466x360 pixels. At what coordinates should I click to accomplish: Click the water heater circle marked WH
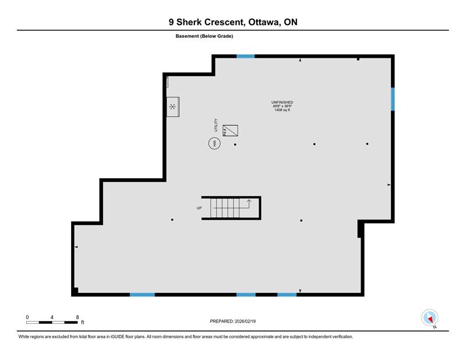point(214,143)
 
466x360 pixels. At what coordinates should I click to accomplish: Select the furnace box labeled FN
point(230,130)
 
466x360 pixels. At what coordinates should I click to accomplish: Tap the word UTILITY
point(216,125)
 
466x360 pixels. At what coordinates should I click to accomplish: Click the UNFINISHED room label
point(282,103)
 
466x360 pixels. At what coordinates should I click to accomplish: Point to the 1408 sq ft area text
point(282,110)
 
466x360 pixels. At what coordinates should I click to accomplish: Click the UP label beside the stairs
point(199,208)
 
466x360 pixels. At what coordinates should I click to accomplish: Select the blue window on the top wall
point(245,56)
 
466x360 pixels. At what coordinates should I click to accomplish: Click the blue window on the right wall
point(393,99)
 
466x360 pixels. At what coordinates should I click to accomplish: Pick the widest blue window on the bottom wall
point(142,295)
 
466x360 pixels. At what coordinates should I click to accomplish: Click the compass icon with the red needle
point(430,317)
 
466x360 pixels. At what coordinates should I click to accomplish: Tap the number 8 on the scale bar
point(77,317)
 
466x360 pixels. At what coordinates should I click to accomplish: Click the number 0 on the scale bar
point(27,317)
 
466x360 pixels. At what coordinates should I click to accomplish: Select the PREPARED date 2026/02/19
point(245,322)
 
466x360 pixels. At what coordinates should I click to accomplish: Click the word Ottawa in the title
point(264,22)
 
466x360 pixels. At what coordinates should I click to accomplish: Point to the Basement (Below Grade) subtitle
point(204,36)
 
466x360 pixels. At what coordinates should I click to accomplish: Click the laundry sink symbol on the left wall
point(172,107)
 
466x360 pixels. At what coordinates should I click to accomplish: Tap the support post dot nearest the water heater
point(235,144)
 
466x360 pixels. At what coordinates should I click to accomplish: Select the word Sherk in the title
point(189,22)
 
